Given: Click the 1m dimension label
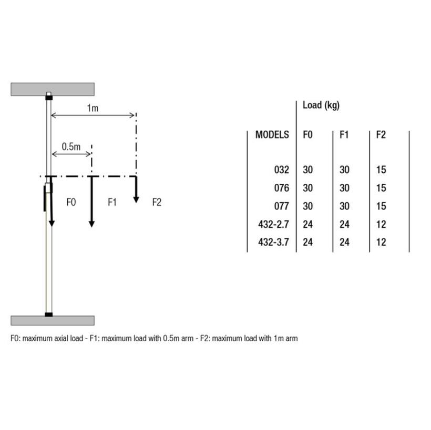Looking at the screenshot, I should pos(93,109).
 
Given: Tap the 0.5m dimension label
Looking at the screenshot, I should pos(71,146).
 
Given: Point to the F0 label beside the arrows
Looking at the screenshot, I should pos(71,202).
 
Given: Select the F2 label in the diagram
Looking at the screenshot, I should pos(157,202).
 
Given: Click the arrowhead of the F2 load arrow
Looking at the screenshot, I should pos(136,199).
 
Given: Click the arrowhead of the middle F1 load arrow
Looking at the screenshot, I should pos(91,224).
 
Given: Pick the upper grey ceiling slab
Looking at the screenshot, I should pos(53,89).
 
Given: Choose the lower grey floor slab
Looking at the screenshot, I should pos(53,320).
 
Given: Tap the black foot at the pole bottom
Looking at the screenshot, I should pos(49,314).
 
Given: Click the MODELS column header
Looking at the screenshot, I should pos(272,135).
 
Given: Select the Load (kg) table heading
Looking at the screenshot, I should pos(321,105).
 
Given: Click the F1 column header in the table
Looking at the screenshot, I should pos(344,135).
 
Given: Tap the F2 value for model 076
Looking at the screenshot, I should pos(381,188).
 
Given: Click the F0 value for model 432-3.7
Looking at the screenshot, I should pos(308,242).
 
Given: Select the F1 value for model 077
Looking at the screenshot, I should pos(344,206).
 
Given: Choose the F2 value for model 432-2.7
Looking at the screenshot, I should pos(381,224).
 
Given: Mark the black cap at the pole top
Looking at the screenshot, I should pos(49,96).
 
